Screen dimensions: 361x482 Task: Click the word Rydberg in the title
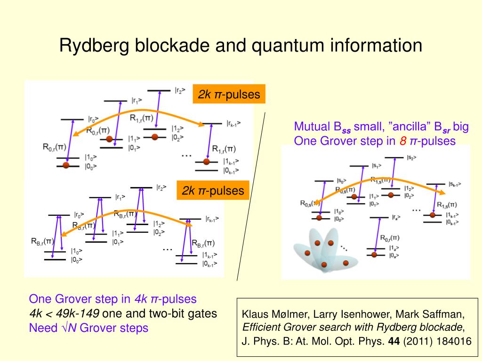tap(94, 46)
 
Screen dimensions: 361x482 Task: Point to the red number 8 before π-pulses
tap(403, 141)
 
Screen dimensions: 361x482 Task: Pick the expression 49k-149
tap(78, 314)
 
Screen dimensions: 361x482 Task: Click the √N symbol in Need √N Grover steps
tap(70, 328)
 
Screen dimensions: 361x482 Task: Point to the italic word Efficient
tap(261, 328)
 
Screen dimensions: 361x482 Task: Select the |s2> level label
tap(411, 158)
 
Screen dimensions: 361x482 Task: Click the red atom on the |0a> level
tap(375, 255)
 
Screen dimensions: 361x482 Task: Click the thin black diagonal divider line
tap(251, 197)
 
